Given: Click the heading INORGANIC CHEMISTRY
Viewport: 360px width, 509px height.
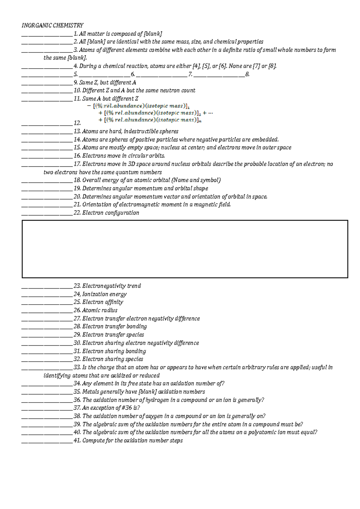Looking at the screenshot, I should click(52, 25).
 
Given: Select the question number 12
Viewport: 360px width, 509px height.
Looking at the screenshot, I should click(77, 123).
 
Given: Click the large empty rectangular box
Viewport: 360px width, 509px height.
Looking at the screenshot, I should click(185, 249).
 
